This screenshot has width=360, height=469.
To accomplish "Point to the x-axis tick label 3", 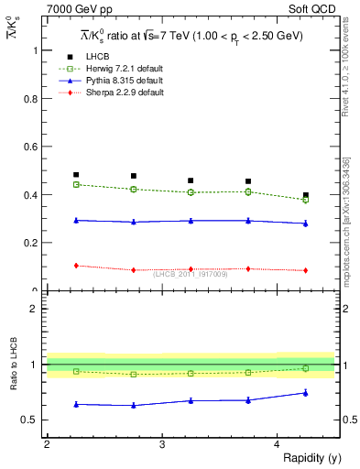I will [162, 444].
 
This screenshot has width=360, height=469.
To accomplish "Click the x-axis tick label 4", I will [278, 444].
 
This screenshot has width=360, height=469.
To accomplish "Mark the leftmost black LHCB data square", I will [76, 174].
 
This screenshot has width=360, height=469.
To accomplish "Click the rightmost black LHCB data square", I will [306, 195].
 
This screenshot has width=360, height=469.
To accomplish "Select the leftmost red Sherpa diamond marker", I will [76, 266].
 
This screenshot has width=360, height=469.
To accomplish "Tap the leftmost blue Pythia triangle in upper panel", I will [76, 220].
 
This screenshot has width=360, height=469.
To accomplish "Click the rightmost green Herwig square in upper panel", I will [306, 200].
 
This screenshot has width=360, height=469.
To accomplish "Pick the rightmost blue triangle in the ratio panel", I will [306, 393].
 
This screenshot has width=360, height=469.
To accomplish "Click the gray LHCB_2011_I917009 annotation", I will [190, 273].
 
